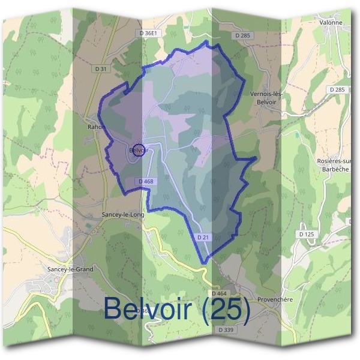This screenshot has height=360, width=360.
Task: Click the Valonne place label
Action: click(x=331, y=23)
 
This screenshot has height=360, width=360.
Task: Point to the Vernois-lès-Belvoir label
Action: click(x=265, y=98)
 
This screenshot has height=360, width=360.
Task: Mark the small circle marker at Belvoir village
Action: click(x=138, y=150)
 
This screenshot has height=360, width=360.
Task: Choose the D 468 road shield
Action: click(x=146, y=181)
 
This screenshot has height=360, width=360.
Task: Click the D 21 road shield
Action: click(x=203, y=238)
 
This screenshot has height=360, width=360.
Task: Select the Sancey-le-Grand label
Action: click(x=70, y=269)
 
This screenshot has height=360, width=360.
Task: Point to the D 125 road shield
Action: click(x=306, y=233)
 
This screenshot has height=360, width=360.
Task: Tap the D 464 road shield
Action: click(x=218, y=293)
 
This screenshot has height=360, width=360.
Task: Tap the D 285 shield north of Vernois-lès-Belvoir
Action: click(x=242, y=36)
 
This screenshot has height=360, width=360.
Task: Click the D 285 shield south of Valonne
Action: click(x=337, y=89)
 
